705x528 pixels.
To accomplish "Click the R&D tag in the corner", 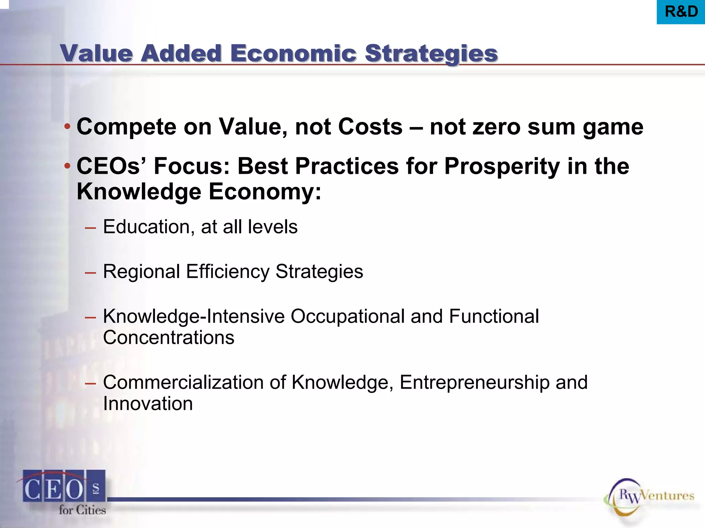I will [x=681, y=12].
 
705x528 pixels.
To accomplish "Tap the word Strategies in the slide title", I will [x=431, y=54].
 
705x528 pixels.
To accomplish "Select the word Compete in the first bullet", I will [x=126, y=127].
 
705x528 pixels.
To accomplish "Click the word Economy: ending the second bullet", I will [x=265, y=191].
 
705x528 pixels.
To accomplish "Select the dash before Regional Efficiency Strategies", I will [x=90, y=273].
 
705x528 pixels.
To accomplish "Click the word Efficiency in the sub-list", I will [x=228, y=272].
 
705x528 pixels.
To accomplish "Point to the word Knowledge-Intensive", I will [x=194, y=316].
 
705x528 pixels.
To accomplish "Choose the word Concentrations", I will [x=169, y=338].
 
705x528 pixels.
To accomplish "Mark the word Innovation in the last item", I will [x=148, y=404].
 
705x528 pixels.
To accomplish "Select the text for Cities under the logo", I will [x=82, y=510].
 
